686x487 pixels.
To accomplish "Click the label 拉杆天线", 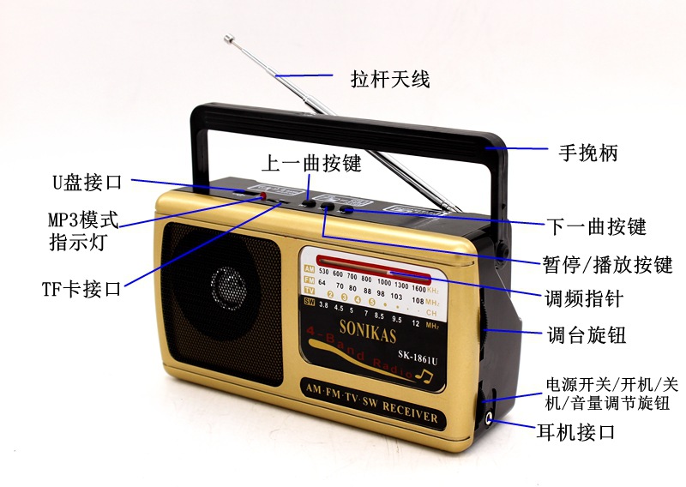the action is (x=389, y=79).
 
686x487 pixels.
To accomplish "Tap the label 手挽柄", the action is (x=582, y=153).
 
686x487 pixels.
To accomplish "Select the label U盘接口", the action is (x=86, y=182).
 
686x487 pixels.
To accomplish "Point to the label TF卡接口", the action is (x=81, y=289).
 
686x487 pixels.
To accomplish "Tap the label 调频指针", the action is (x=582, y=299).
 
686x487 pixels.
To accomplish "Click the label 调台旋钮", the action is (x=587, y=334).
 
